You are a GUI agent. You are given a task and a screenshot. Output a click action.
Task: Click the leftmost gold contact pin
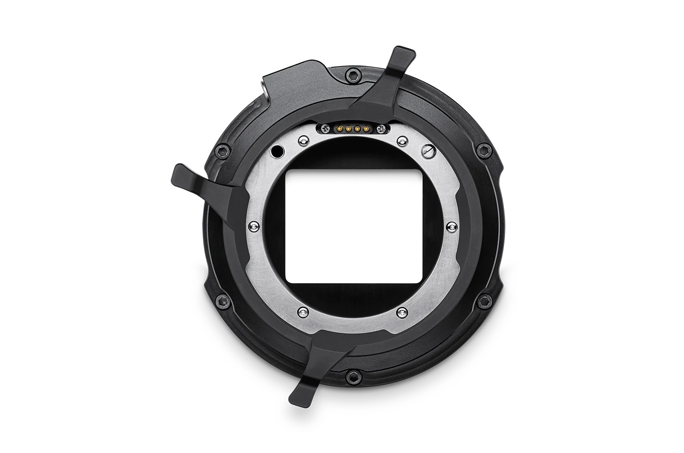338,128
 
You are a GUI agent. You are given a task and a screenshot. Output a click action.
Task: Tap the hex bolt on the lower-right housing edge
483,301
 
